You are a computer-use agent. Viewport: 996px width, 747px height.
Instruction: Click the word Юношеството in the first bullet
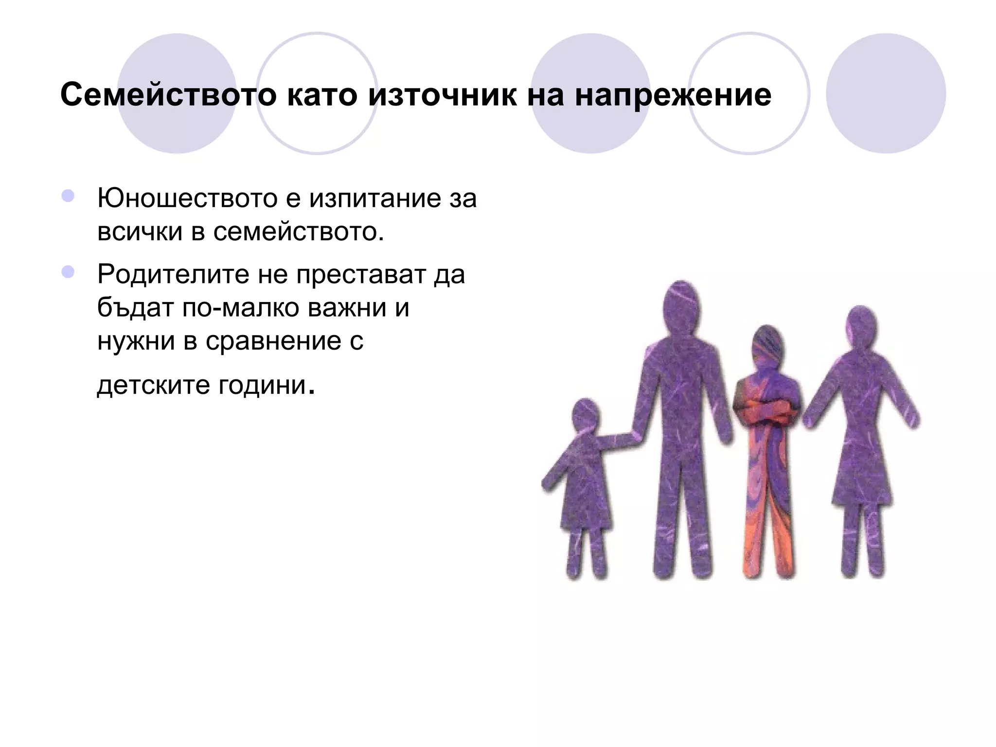pyautogui.click(x=187, y=198)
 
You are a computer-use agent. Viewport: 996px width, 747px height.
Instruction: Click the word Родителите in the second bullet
pyautogui.click(x=173, y=274)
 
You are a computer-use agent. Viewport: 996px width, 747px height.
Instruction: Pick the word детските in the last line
pyautogui.click(x=153, y=385)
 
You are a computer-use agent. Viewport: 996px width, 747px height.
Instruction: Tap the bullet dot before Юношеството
pyautogui.click(x=68, y=196)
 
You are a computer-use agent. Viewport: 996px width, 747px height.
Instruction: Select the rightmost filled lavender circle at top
pyautogui.click(x=886, y=93)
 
